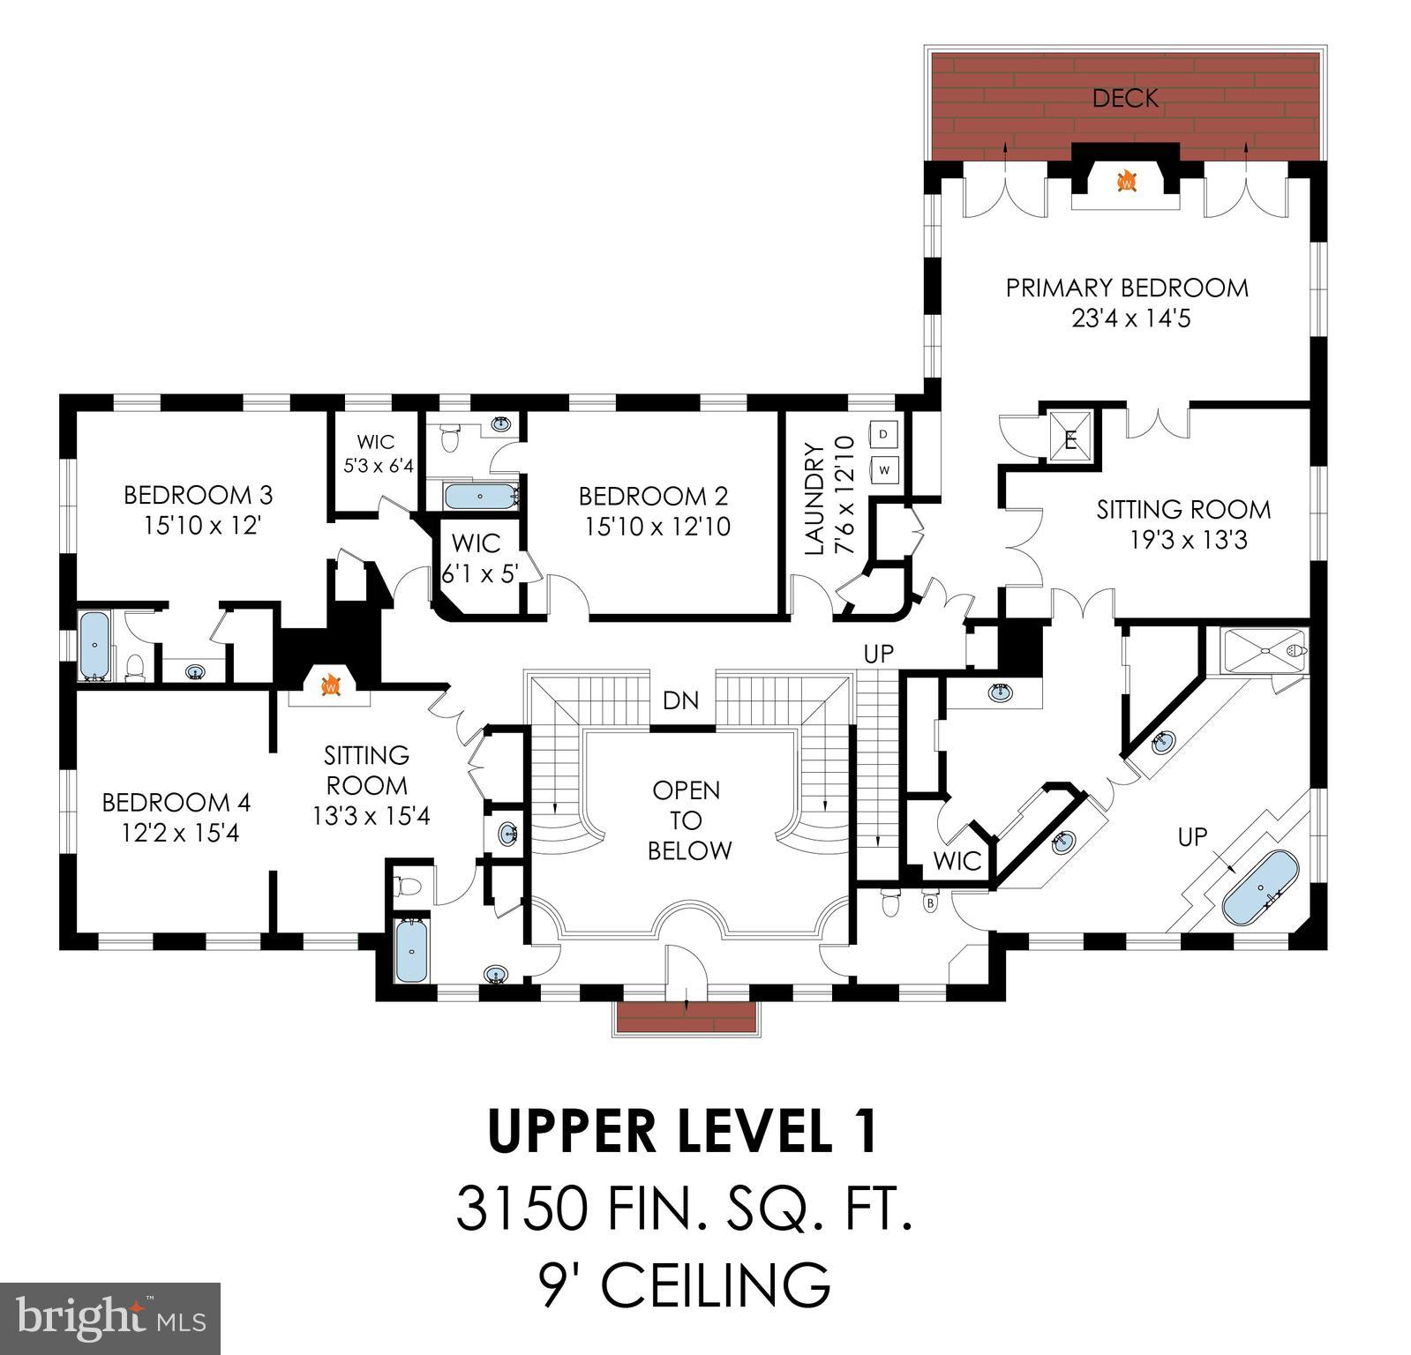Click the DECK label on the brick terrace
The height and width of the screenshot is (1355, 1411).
[1125, 98]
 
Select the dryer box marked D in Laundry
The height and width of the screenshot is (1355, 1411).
[884, 434]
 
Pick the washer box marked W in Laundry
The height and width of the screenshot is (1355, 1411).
[884, 468]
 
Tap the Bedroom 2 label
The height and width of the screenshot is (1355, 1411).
[653, 496]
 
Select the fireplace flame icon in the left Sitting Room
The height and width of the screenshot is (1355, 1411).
[331, 685]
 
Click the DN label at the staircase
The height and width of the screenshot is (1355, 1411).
[680, 701]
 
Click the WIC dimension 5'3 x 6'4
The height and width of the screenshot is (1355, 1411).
[378, 465]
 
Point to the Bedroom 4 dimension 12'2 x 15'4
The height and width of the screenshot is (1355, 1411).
[181, 833]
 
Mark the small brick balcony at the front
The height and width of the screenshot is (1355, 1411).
[687, 1017]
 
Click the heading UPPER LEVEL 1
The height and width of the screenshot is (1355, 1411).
[683, 1132]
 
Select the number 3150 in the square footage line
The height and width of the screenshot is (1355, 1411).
[520, 1209]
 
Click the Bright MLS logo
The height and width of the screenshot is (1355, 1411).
[110, 1318]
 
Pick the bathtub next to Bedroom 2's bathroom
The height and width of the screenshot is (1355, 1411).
[479, 497]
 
